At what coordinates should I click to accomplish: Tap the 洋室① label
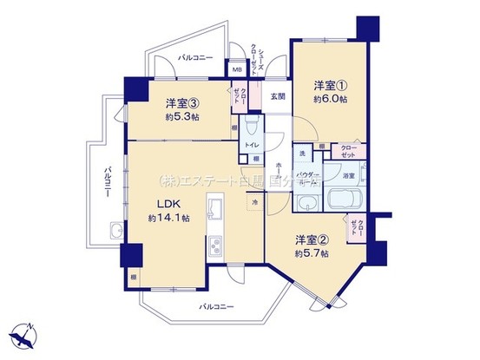point(330,85)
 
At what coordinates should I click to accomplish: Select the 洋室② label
point(310,239)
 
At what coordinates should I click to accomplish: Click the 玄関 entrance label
point(277,96)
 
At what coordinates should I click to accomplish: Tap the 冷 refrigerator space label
point(255,202)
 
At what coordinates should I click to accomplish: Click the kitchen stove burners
point(214,245)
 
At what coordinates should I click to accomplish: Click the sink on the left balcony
point(115,230)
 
